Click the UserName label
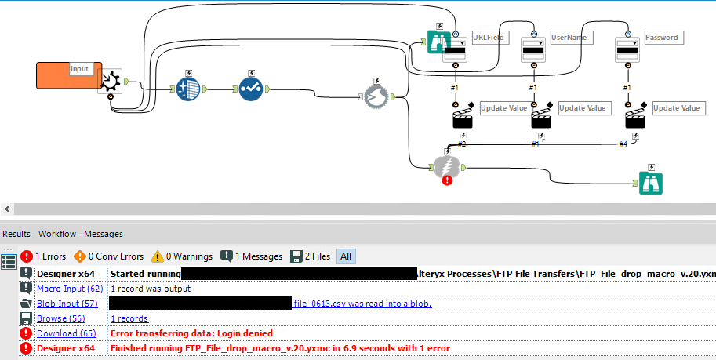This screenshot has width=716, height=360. tap(570, 37)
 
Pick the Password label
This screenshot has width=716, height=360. tap(661, 37)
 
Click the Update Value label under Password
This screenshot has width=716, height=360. tap(677, 108)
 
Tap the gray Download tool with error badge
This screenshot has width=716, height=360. tap(446, 168)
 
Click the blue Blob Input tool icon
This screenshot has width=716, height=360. tap(189, 89)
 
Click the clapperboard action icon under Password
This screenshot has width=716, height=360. tap(636, 118)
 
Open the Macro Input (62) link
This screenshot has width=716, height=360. tap(70, 289)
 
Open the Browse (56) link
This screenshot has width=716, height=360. tap(60, 318)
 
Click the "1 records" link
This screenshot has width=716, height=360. tap(129, 318)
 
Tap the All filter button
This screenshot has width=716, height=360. tap(345, 256)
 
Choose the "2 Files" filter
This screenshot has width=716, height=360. tap(311, 256)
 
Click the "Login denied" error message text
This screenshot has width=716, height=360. tap(191, 333)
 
